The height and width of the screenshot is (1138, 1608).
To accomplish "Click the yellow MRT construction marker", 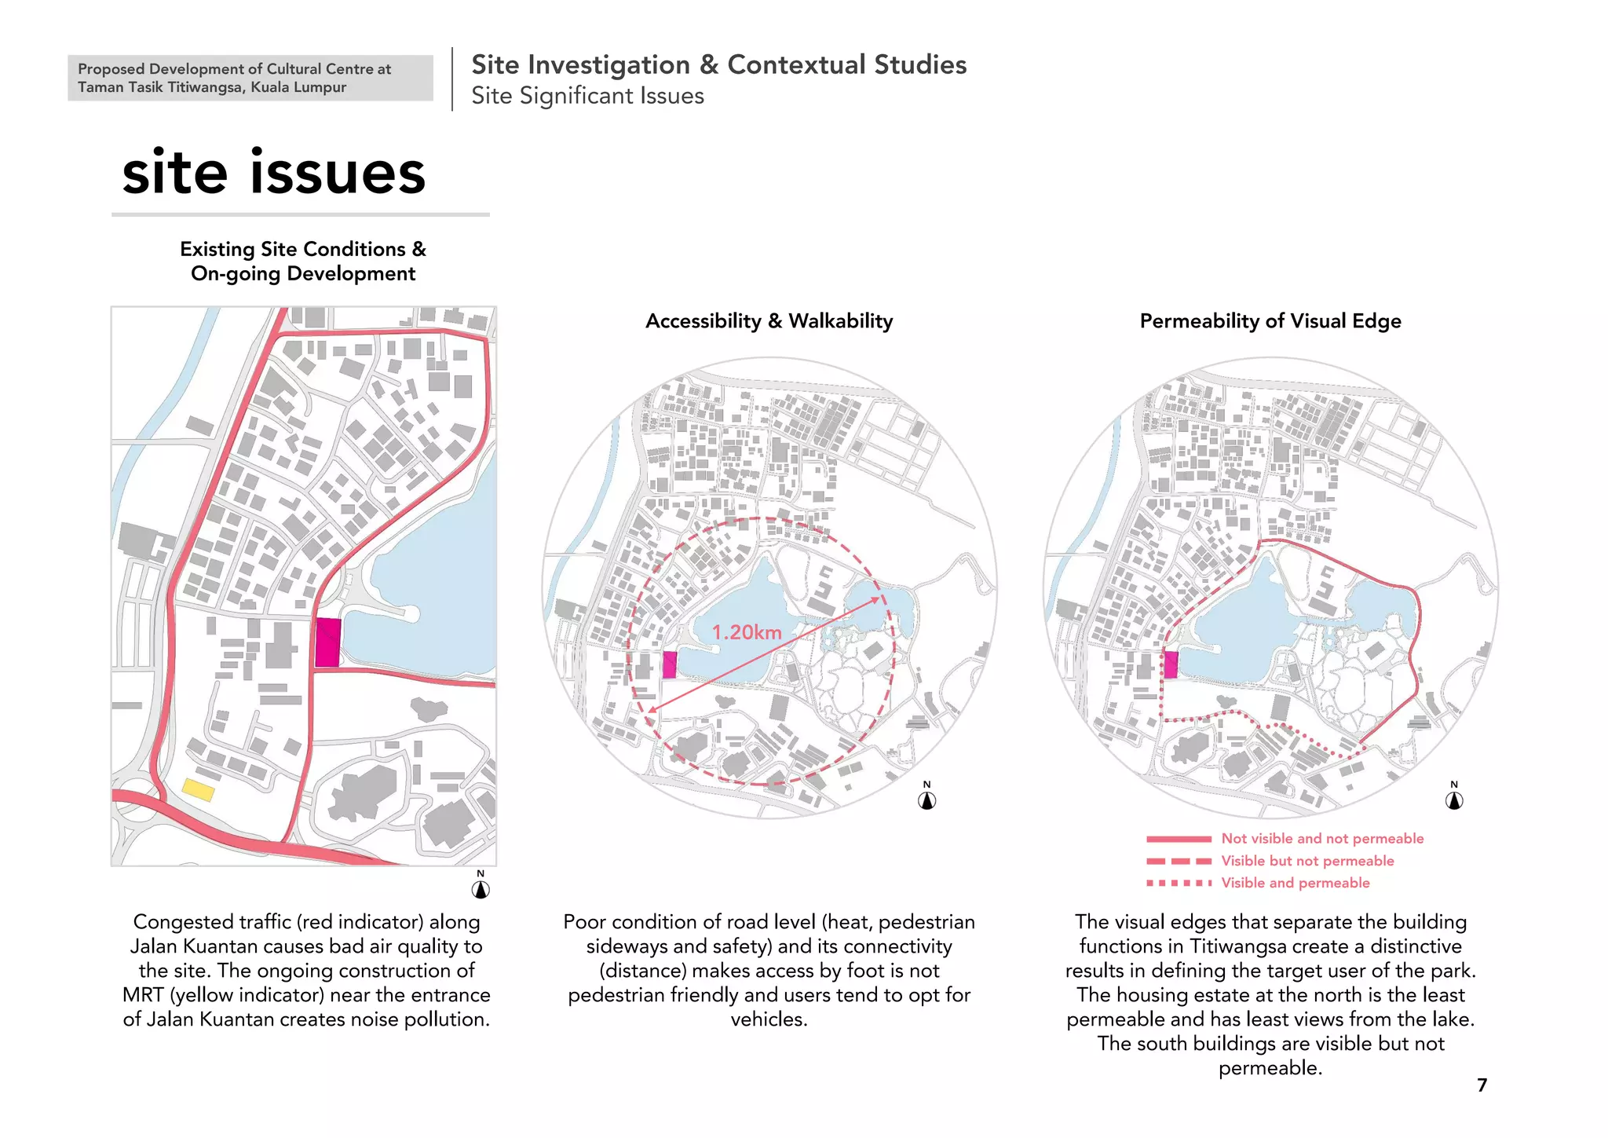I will coord(198,789).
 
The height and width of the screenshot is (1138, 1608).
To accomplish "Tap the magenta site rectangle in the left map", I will coord(327,642).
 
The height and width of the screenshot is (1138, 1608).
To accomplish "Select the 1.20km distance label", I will coord(747,632).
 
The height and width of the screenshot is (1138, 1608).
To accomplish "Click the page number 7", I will coord(1482,1085).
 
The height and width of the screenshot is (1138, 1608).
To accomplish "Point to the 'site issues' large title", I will coord(273,173).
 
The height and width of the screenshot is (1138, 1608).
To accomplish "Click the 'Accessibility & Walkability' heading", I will coord(769,321).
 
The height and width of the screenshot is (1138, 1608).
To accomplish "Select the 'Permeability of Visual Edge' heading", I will coord(1270,321).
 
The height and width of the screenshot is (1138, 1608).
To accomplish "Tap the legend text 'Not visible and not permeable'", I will coord(1322,839).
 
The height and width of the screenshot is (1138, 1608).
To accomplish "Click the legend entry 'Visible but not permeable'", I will coord(1307,861).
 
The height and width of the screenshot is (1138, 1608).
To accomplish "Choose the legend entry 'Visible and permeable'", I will coord(1295,883).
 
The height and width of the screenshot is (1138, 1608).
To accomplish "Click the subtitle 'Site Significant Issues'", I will coord(587,96).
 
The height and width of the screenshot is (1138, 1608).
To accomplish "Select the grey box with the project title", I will coord(250,78).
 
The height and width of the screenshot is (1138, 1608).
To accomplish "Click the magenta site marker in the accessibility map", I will coord(669,664).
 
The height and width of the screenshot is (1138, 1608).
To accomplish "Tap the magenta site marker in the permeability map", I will coord(1171,664).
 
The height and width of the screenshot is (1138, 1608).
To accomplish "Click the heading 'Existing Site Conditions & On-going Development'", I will coord(303,261).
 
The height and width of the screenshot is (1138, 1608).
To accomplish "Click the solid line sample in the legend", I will coord(1178,839).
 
